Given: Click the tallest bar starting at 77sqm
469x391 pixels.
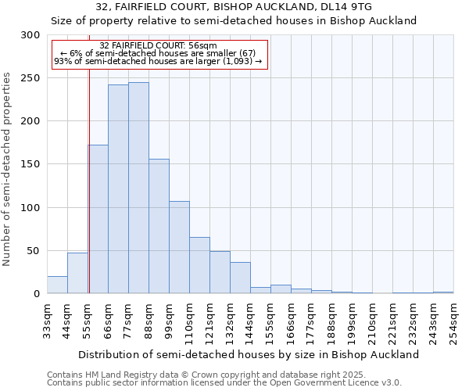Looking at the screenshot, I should coord(138,188).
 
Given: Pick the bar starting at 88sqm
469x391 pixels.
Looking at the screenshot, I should coord(159,226).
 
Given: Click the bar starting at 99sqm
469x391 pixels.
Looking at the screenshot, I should coord(179,247).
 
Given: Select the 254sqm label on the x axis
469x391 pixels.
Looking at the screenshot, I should coord(453,321).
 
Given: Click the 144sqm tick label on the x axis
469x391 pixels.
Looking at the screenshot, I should coord(250,321).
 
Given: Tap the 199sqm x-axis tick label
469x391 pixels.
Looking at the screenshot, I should coord(352,321).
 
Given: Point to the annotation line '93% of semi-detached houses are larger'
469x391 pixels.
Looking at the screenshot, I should coord(159,61).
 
